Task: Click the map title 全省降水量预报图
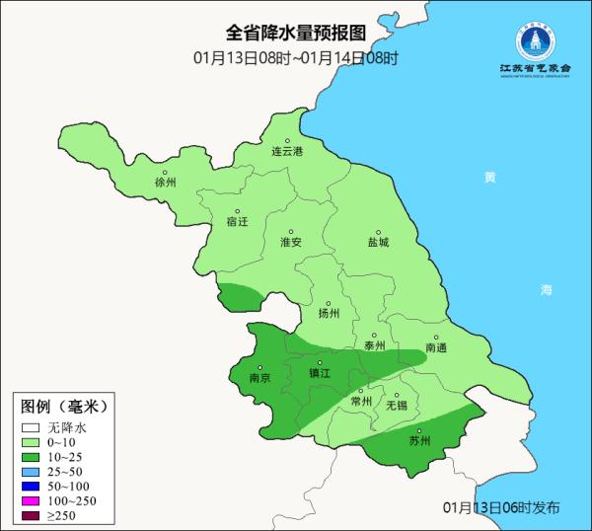295,37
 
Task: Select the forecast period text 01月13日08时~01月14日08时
295,57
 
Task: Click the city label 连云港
287,151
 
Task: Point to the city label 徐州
165,183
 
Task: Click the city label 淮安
291,241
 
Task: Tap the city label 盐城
378,241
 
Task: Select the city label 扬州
329,313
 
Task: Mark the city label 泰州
375,345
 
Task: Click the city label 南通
436,347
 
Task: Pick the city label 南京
259,376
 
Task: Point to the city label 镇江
320,373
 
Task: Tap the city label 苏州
419,440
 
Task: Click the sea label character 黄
490,178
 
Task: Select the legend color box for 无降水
31,428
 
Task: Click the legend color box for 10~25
31,458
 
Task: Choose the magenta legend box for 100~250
31,502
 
